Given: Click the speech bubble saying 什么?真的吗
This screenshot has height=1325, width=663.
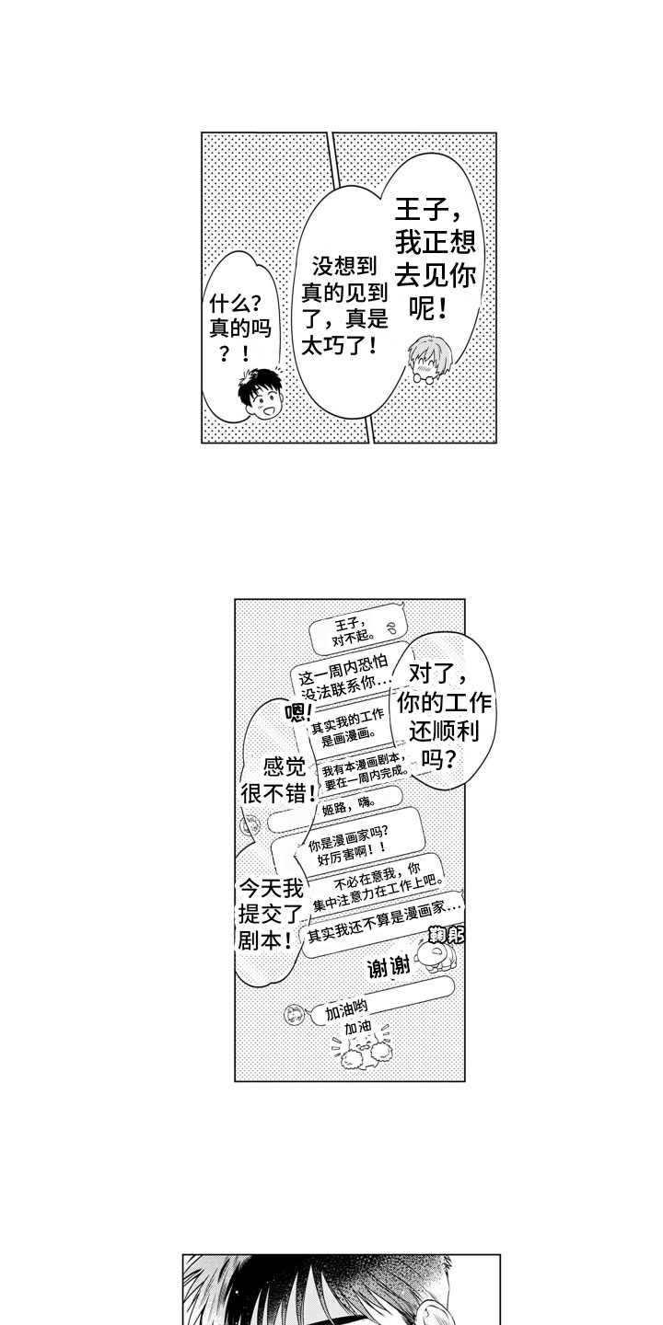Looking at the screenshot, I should (x=235, y=327).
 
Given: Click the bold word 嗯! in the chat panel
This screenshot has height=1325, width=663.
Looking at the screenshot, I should (x=299, y=711).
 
